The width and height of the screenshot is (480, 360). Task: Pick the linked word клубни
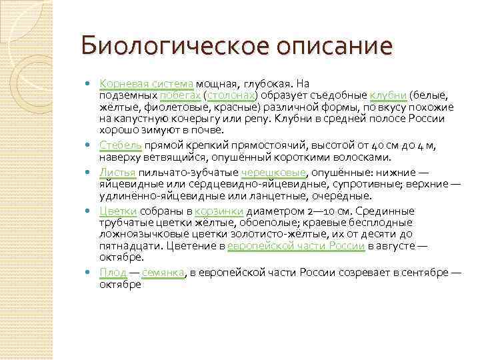coord(388,95)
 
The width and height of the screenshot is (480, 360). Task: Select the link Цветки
coord(118,211)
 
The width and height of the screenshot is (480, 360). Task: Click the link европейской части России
coord(295,245)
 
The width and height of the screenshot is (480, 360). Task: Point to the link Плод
coord(112,273)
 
